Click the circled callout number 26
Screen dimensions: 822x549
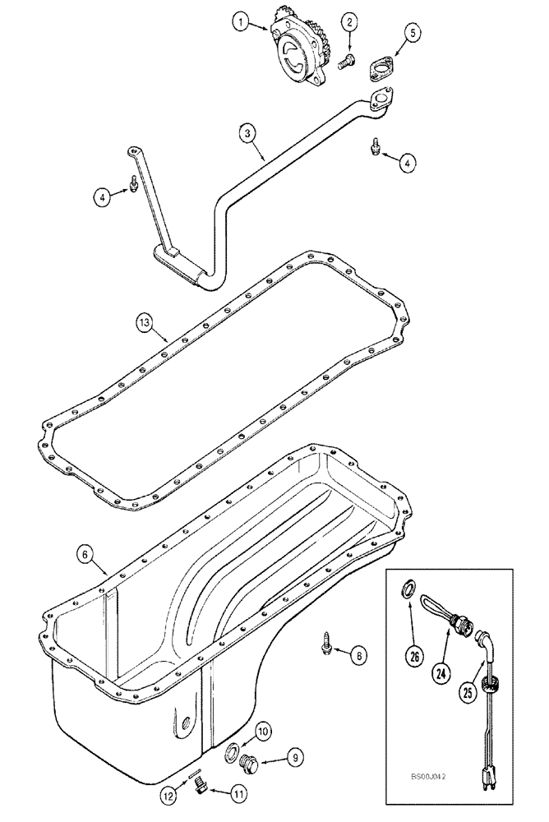coord(417,656)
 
